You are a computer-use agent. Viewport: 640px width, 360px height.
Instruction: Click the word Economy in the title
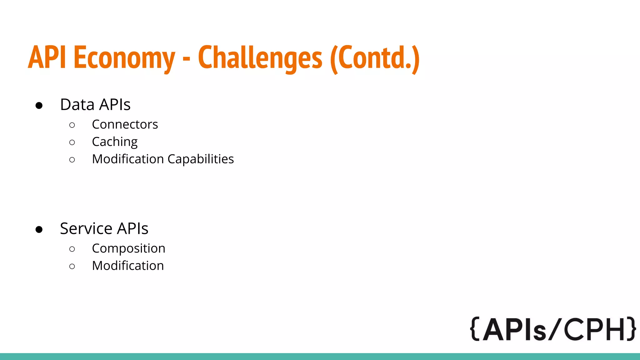pyautogui.click(x=124, y=58)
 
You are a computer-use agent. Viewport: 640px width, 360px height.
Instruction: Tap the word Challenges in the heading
pyautogui.click(x=260, y=58)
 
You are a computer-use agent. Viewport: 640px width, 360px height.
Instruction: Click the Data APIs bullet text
pyautogui.click(x=95, y=104)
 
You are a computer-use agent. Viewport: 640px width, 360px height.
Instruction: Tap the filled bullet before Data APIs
pyautogui.click(x=39, y=106)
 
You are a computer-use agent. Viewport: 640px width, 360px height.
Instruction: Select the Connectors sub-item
pyautogui.click(x=125, y=124)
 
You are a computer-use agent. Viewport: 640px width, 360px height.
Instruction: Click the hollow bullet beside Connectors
pyautogui.click(x=72, y=125)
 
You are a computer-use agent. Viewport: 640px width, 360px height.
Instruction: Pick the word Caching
pyautogui.click(x=115, y=142)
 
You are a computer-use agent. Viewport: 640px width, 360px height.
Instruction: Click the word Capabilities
pyautogui.click(x=201, y=159)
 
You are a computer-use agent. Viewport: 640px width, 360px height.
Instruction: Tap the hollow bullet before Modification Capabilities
pyautogui.click(x=72, y=160)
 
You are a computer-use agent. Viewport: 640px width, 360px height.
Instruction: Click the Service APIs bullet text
pyautogui.click(x=104, y=228)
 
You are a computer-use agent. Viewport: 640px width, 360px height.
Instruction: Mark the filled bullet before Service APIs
pyautogui.click(x=39, y=230)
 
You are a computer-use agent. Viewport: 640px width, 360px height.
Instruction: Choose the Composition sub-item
pyautogui.click(x=128, y=248)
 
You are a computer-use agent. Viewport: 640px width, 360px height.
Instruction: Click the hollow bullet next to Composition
pyautogui.click(x=72, y=249)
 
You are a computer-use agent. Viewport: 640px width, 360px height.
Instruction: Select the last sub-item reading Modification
pyautogui.click(x=128, y=266)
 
